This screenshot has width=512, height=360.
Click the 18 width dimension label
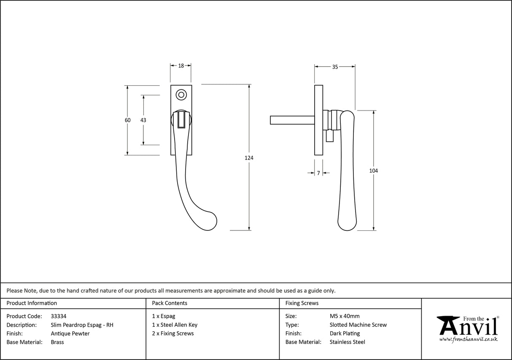point(181,66)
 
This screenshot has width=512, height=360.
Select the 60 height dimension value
point(128,120)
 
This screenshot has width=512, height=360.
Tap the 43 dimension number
point(143,120)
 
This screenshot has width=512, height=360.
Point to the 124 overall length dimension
point(249,158)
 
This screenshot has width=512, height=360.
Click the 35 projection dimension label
point(335,67)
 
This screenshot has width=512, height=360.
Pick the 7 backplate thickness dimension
point(318,173)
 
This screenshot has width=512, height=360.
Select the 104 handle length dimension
point(373,171)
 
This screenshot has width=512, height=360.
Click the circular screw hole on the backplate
point(181,95)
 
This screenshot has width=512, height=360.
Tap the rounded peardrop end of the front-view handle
point(207,220)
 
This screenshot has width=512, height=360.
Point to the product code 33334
point(58,316)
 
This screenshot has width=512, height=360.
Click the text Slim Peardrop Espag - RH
point(82,325)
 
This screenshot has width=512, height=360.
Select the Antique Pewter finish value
point(70,333)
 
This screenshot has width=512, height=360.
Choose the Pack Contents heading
point(170,303)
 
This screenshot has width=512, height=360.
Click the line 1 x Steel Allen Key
point(175,325)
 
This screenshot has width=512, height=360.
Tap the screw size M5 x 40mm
point(345,316)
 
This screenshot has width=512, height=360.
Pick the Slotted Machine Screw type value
point(358,325)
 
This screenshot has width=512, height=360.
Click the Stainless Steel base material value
point(347,342)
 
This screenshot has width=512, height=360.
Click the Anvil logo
point(468,328)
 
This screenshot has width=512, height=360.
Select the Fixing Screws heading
point(302,303)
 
